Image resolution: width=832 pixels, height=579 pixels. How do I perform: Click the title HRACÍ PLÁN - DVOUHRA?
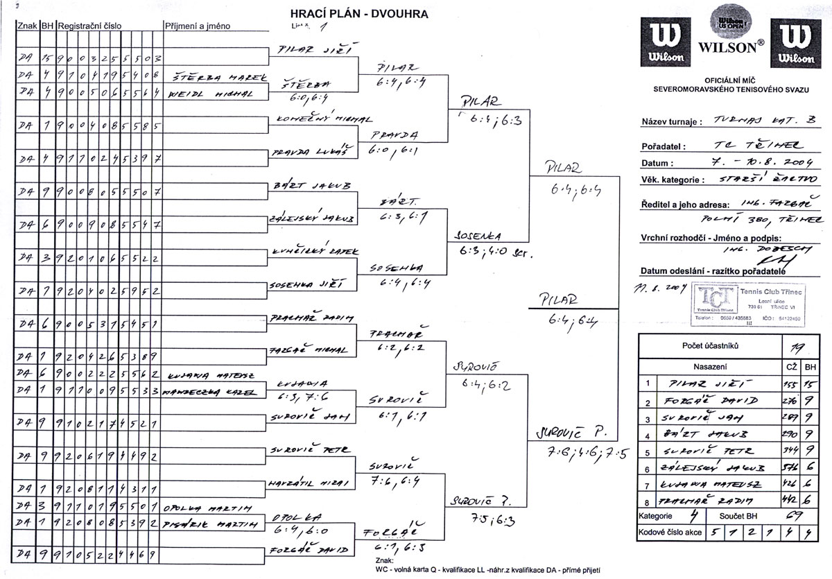[x=358, y=12]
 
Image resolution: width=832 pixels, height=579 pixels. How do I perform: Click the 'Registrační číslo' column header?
[x=90, y=26]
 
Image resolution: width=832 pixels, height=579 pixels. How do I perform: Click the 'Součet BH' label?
[x=736, y=517]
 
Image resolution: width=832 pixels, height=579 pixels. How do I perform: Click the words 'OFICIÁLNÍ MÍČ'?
[x=733, y=80]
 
